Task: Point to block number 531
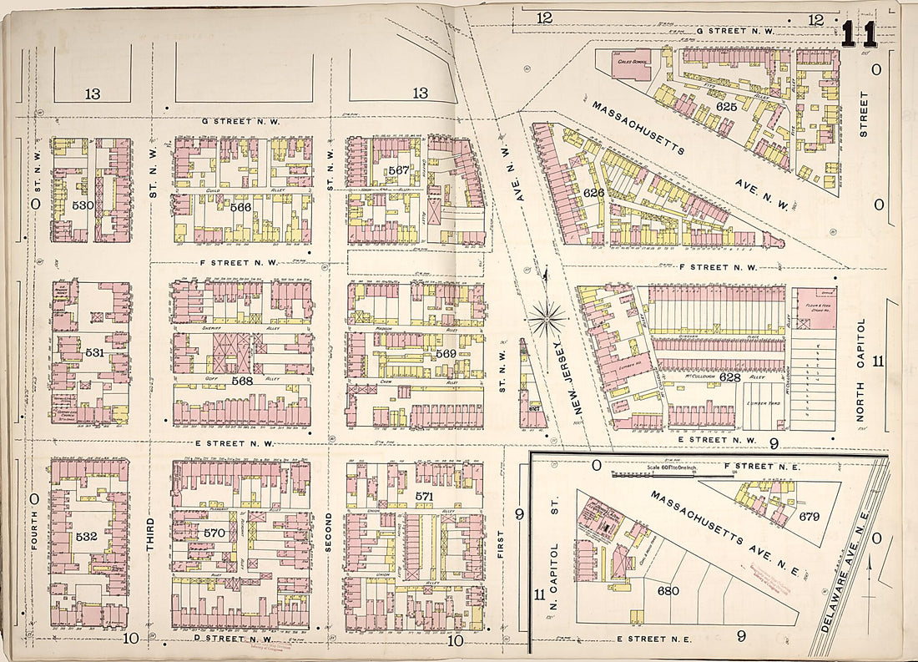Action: pos(95,352)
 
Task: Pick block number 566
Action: pos(241,206)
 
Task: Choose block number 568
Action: pos(242,382)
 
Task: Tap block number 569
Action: pos(444,354)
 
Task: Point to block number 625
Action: pos(727,107)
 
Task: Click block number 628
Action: pos(729,377)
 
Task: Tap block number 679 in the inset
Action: pos(809,516)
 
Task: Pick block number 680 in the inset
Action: pos(668,590)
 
